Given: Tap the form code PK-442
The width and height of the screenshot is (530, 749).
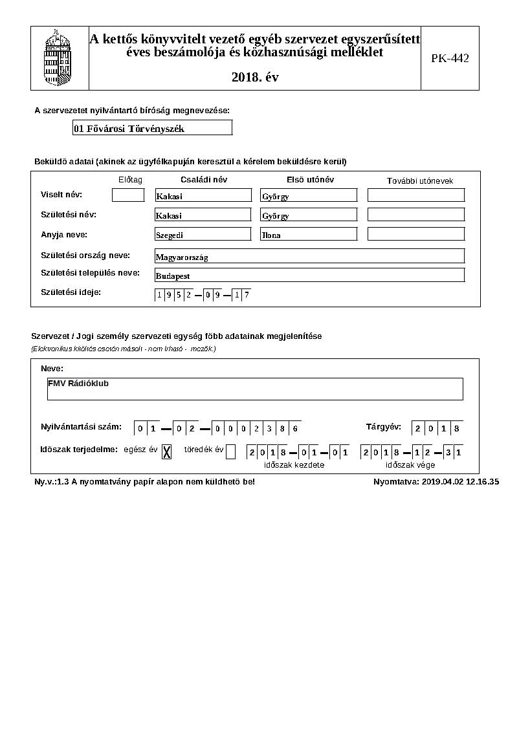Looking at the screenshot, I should pos(450,58).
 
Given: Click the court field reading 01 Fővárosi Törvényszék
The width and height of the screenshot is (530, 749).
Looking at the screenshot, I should pos(152,128).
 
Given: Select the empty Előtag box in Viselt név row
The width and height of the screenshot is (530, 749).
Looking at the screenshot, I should pos(128,195).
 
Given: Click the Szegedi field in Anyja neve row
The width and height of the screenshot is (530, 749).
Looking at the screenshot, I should pos(203,234).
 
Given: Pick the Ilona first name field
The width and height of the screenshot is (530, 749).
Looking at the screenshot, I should pos(308,234).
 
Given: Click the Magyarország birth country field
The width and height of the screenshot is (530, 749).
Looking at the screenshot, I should pos(309,256).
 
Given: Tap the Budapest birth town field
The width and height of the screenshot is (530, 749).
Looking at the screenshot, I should pos(309,275).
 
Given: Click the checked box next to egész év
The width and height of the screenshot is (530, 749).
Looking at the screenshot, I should pos(166,451).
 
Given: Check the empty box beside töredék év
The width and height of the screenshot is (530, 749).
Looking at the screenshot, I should pos(230,451).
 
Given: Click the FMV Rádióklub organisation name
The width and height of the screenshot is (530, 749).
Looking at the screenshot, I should pos(78,384).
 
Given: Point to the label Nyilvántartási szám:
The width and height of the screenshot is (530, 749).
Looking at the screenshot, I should pos(81,427).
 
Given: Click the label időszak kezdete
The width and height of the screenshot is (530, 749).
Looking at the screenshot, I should pos(294,465).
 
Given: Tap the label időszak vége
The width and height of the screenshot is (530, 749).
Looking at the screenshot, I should pos(410,465).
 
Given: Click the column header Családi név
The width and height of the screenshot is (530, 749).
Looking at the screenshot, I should pos(203,180).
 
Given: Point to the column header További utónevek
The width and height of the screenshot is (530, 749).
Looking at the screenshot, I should pos(419,181).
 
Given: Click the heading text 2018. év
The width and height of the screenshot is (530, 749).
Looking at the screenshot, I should pos(255,78).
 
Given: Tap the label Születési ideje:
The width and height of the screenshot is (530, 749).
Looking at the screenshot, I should pos(71,292).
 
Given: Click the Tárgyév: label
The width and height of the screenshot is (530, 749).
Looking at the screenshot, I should pos(384,427).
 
